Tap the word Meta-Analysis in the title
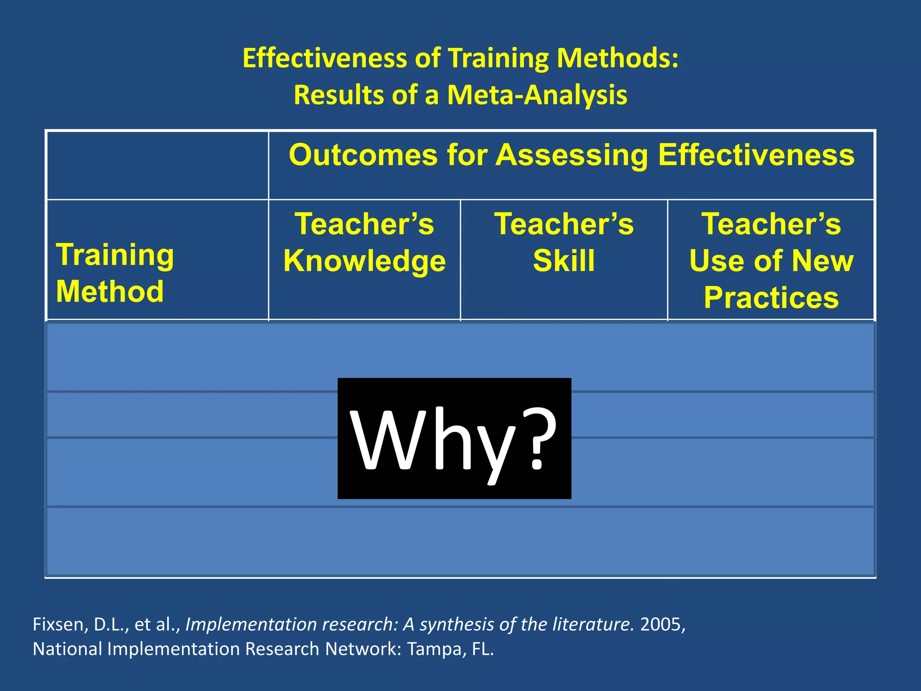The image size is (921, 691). click(537, 95)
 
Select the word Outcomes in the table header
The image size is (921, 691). click(363, 155)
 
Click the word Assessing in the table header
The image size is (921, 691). click(572, 156)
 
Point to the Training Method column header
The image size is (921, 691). click(115, 273)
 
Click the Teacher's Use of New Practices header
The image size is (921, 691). click(771, 260)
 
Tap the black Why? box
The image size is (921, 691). click(454, 438)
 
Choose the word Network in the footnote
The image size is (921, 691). click(362, 649)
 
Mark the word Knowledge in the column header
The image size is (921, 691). click(364, 261)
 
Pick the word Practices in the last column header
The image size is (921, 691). click(771, 297)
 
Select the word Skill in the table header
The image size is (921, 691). click(564, 260)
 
